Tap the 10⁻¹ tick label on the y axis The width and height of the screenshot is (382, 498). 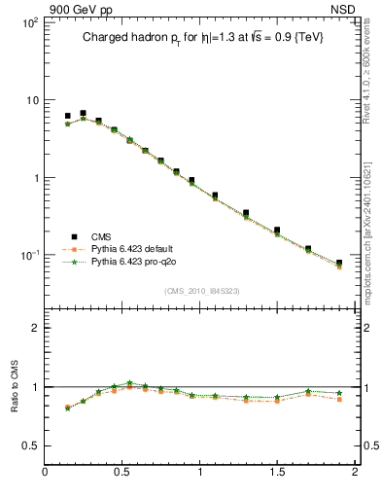[x=25, y=255]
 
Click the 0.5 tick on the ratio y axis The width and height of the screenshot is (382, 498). [x=29, y=445]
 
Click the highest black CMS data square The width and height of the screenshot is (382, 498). [x=83, y=114]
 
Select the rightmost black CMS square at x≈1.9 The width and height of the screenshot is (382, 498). [x=339, y=263]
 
